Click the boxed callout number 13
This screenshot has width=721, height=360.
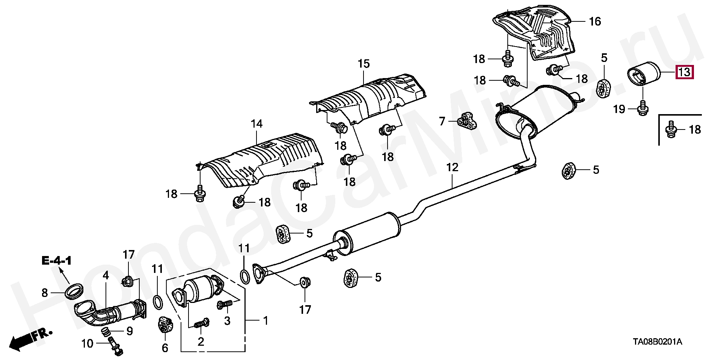[x=684, y=72]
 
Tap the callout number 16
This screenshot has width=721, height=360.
[x=595, y=21]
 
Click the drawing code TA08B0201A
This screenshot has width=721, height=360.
[x=657, y=342]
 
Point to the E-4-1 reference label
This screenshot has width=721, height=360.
[x=56, y=261]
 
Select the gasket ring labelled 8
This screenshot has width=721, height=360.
[x=74, y=291]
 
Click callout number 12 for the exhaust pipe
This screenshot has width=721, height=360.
[x=453, y=167]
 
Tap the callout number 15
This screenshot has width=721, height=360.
[x=364, y=64]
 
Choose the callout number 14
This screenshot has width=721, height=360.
[x=257, y=124]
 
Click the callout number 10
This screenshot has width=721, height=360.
[x=87, y=343]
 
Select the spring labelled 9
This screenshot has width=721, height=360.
[x=107, y=331]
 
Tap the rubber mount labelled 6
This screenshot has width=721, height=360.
[x=164, y=325]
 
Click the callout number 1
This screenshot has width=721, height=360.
[x=265, y=321]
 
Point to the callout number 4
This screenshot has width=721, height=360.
[x=106, y=275]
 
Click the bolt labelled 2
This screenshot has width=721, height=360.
[x=201, y=323]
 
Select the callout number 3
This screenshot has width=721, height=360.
[x=227, y=321]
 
